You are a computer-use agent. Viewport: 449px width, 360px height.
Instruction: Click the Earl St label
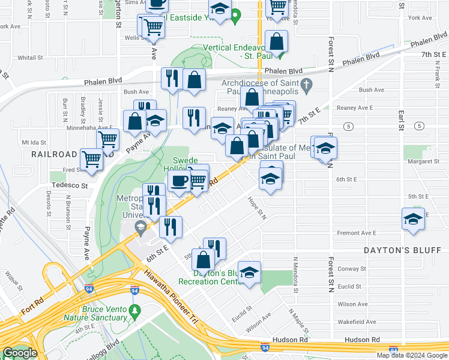click(400, 118)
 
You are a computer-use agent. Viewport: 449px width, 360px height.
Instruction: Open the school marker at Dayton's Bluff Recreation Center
click(249, 272)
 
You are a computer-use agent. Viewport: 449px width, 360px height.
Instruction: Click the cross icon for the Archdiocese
click(306, 86)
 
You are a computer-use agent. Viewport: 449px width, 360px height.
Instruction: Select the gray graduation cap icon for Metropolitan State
click(140, 226)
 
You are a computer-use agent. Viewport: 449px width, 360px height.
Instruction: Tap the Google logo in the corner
click(19, 353)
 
